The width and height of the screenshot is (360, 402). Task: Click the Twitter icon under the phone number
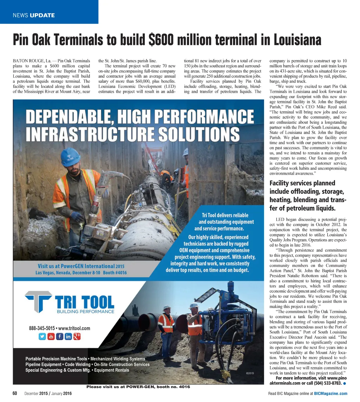click(x=42, y=337)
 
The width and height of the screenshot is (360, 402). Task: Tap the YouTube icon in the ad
click(x=51, y=337)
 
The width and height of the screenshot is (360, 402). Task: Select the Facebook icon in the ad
click(x=60, y=337)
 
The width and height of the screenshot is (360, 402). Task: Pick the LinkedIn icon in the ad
click(x=68, y=337)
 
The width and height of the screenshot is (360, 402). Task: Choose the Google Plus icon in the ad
click(x=77, y=337)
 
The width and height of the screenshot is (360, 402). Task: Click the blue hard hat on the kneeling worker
click(x=70, y=157)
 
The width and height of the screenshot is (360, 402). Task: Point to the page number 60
click(x=15, y=393)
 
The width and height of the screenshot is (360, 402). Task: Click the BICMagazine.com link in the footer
click(x=330, y=394)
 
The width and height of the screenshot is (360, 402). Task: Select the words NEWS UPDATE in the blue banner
click(x=34, y=15)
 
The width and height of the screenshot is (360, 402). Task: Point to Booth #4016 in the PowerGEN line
click(x=115, y=273)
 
